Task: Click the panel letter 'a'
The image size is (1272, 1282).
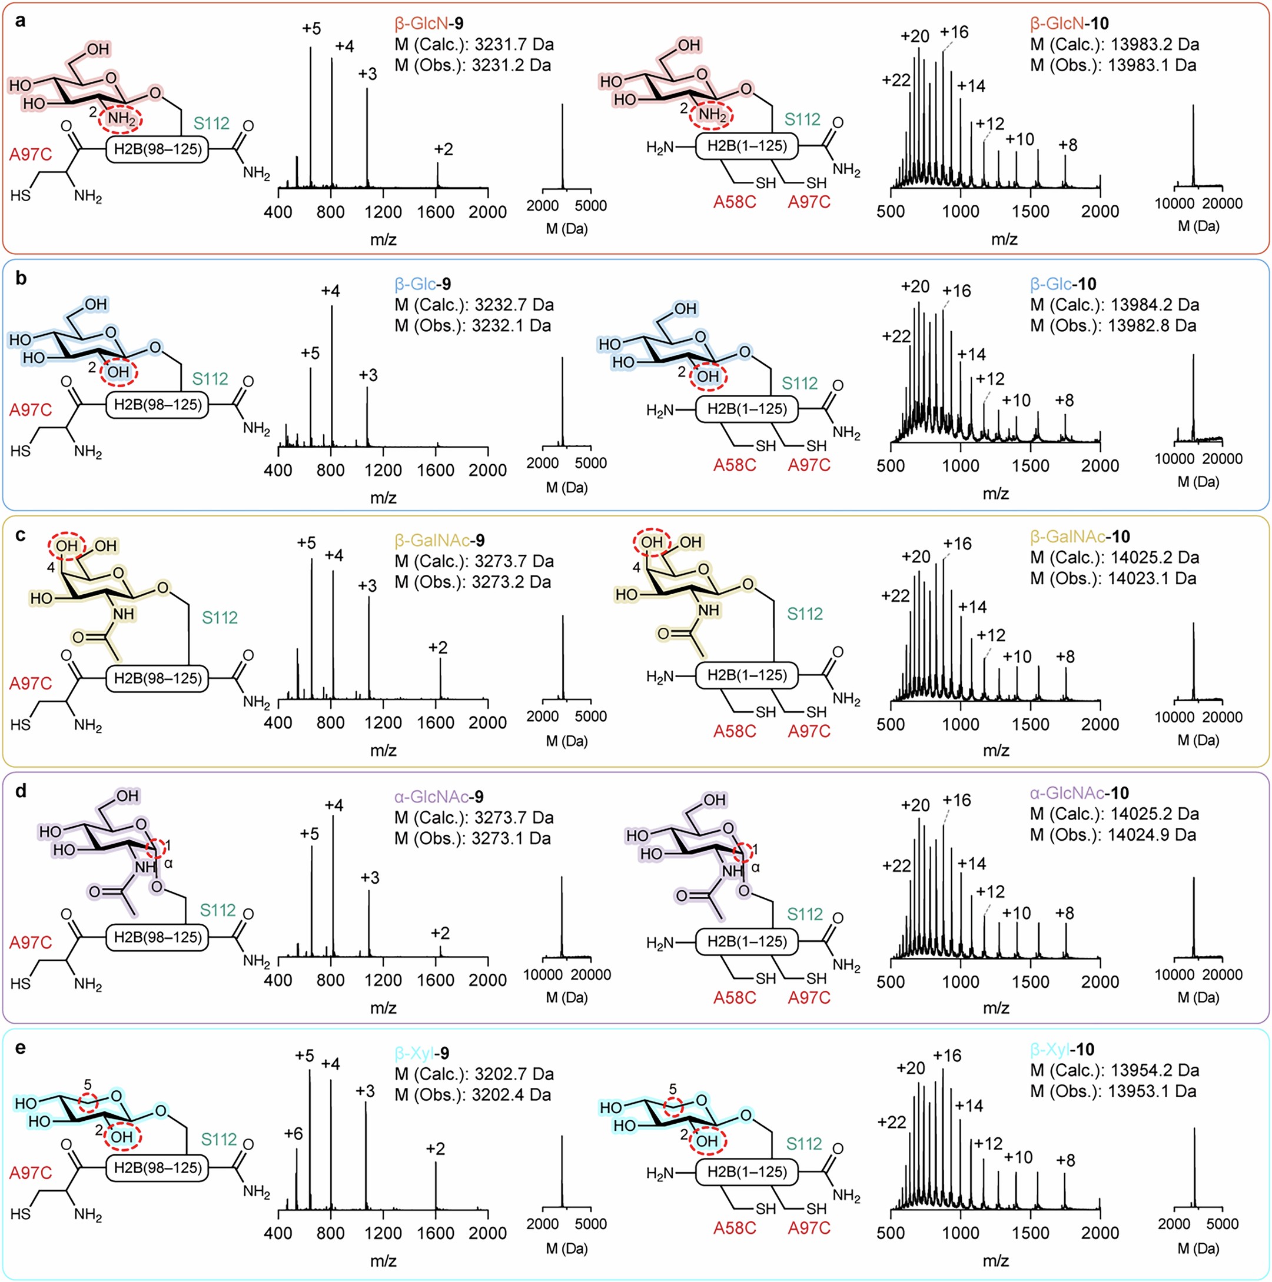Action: coord(21,21)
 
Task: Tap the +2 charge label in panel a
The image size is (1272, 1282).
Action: coord(443,149)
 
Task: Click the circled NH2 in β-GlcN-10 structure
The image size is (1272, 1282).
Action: coord(712,115)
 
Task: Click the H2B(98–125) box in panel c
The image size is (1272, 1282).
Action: coord(157,678)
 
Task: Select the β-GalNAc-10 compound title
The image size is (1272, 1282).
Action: coord(1080,536)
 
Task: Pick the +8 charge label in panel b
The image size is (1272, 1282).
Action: coord(1064,400)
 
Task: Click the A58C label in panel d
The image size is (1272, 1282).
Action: coord(734,997)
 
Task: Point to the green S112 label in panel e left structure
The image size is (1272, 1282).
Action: coord(218,1140)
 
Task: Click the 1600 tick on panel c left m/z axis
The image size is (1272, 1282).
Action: coord(436,722)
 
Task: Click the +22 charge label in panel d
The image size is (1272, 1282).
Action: coord(896,866)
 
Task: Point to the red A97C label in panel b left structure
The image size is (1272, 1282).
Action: coord(31,410)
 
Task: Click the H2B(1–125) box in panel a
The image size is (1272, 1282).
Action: coord(747,146)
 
